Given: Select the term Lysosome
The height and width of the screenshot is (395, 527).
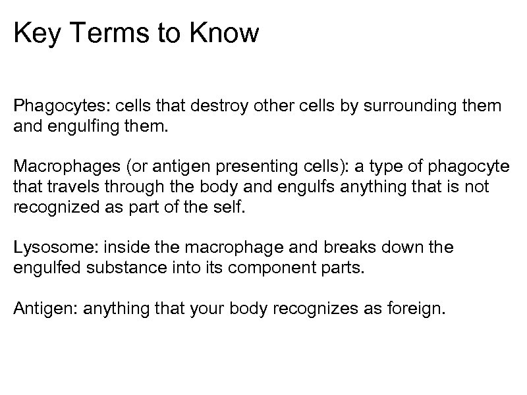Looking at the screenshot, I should coord(47,249).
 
